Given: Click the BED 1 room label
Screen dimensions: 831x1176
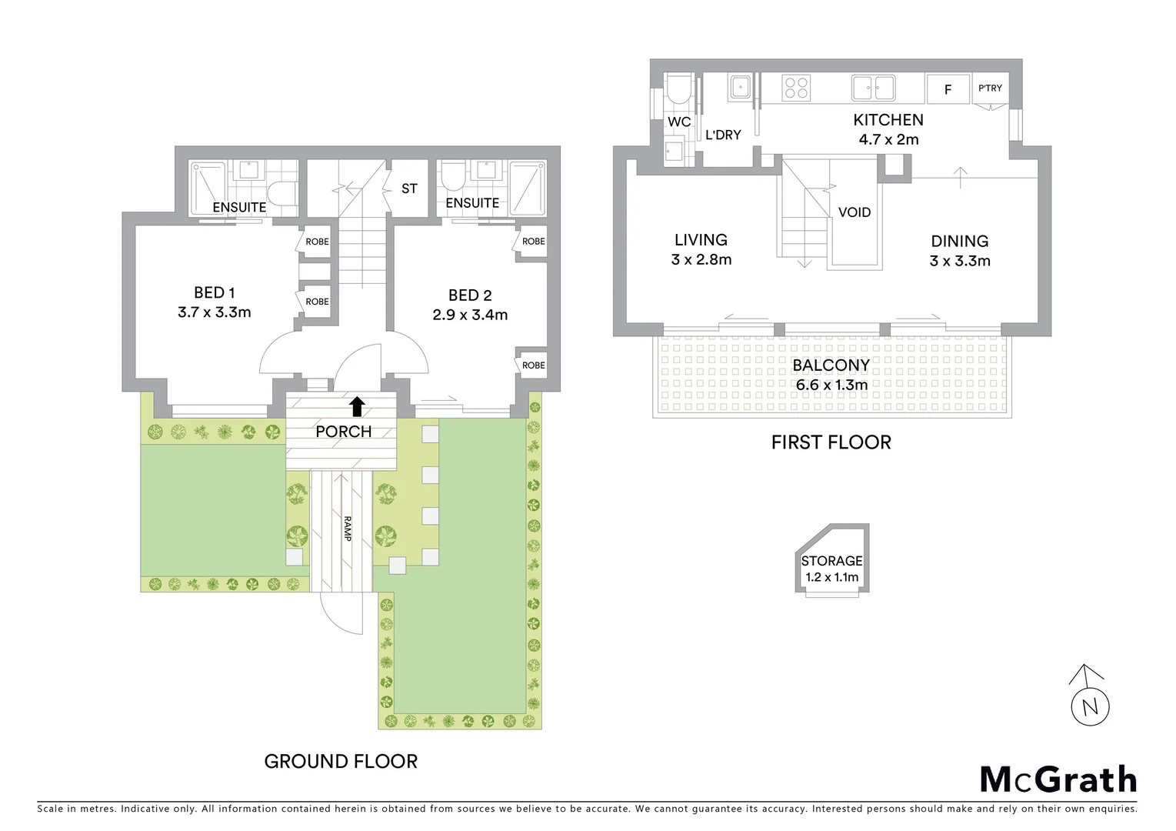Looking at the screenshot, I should coord(214,292).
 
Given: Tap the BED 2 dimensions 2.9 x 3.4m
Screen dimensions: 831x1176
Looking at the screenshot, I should coord(470,315).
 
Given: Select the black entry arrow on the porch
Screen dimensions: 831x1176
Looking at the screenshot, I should coord(356,406).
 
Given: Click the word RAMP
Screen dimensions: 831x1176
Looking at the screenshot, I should coord(348,529).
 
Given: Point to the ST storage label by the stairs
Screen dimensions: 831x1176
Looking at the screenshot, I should coord(409,189).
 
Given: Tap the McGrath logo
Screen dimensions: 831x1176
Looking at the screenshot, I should coord(1058,779).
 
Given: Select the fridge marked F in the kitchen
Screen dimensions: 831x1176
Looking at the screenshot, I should coord(948,90).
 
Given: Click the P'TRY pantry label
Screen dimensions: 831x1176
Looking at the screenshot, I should coord(990,88).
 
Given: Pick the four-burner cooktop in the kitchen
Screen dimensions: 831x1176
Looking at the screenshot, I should coord(796,88).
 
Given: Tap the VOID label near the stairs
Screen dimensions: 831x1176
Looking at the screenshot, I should coord(854,212).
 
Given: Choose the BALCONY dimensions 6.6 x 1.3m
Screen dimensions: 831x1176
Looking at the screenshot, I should coord(831,385).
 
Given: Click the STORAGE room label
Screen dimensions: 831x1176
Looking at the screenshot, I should coord(831,561).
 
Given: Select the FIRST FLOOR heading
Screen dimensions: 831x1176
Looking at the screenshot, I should coord(831,442).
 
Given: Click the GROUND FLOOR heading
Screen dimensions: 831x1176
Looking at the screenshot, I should coord(341,762).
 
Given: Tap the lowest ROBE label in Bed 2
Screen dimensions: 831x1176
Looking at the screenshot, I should coord(533,365).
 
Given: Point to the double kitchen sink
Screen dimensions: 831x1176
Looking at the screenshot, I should coord(873,88).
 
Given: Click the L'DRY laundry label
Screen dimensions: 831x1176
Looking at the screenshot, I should coord(723,135).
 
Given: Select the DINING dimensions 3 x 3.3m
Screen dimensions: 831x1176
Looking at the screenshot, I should coord(959,261).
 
